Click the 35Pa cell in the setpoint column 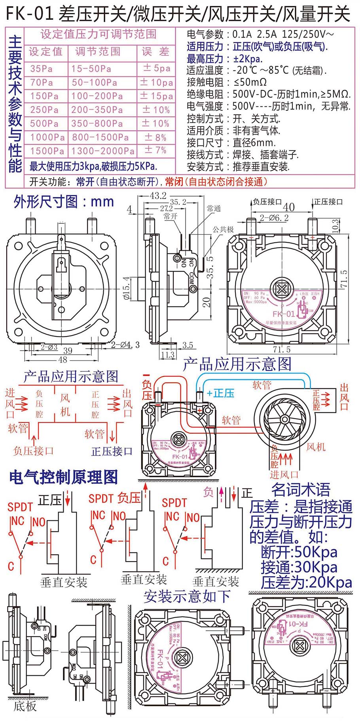[42, 69]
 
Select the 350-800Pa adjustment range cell [97, 124]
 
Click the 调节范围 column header [98, 51]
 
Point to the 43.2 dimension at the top [158, 196]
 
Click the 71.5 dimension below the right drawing [281, 349]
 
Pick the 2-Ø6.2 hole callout [274, 218]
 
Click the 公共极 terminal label [223, 229]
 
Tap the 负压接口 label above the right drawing [267, 202]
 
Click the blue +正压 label [220, 393]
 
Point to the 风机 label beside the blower [316, 447]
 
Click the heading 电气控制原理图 [64, 477]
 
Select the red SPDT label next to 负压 [101, 499]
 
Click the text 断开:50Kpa [299, 552]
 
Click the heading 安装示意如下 [187, 596]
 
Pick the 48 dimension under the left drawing [63, 359]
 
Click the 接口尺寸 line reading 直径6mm [231, 143]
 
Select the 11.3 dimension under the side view [168, 354]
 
